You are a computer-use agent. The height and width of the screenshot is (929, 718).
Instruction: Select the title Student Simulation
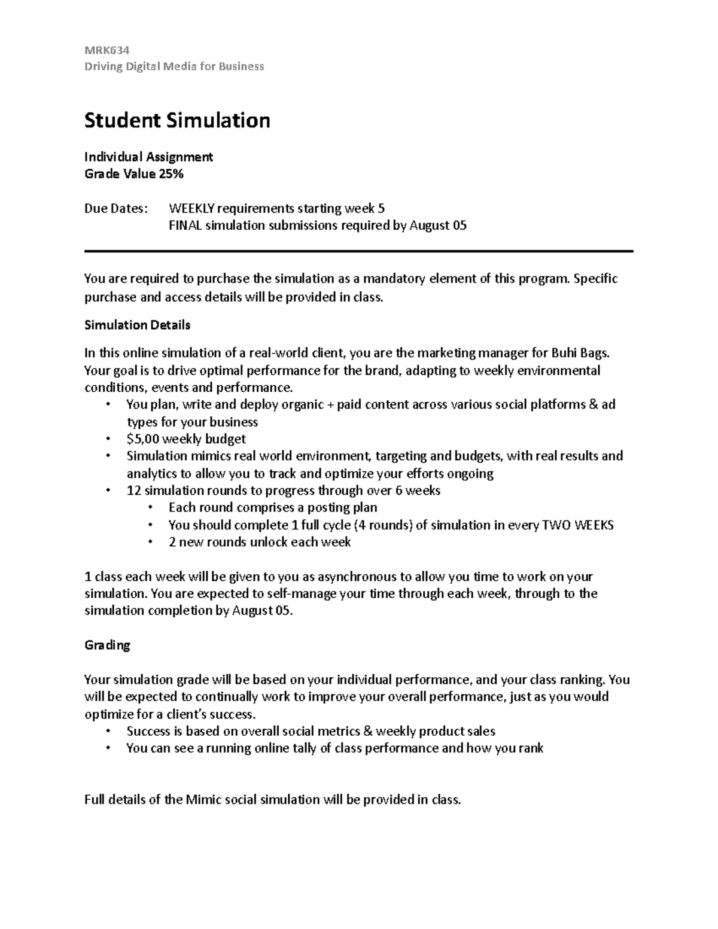pyautogui.click(x=177, y=120)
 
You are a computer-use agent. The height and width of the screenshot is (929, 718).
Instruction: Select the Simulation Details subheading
pyautogui.click(x=138, y=325)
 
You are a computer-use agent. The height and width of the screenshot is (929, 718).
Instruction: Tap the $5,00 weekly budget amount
pyautogui.click(x=143, y=439)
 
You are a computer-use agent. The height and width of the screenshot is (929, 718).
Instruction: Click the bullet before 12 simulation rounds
pyautogui.click(x=108, y=491)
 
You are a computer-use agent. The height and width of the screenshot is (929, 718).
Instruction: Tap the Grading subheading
pyautogui.click(x=107, y=645)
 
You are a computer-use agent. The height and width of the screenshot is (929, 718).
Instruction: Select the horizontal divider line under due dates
pyautogui.click(x=359, y=252)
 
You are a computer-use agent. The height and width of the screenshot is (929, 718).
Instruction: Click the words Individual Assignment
pyautogui.click(x=148, y=157)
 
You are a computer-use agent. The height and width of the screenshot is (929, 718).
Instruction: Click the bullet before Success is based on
pyautogui.click(x=108, y=731)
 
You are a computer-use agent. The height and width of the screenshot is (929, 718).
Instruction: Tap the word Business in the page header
pyautogui.click(x=241, y=66)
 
